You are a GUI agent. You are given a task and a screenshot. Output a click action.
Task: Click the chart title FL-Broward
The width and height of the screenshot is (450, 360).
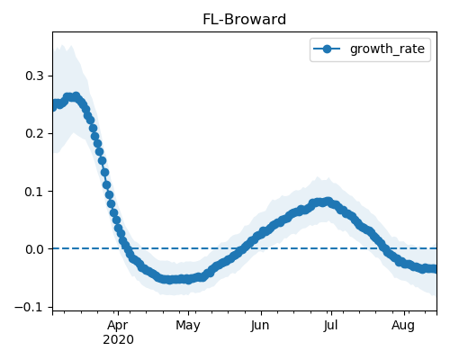(244, 20)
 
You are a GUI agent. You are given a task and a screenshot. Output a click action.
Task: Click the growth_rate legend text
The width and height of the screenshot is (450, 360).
(387, 49)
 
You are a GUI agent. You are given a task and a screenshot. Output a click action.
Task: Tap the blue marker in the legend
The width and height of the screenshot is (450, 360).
(327, 49)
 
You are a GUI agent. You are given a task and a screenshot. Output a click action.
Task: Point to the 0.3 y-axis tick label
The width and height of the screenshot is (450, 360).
(34, 76)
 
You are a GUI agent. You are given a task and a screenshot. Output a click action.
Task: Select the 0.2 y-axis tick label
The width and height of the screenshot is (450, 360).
(34, 133)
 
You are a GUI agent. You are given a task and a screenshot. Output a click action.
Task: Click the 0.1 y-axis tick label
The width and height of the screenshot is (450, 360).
(34, 192)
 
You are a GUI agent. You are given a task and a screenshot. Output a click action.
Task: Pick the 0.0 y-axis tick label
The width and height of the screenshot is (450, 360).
(34, 249)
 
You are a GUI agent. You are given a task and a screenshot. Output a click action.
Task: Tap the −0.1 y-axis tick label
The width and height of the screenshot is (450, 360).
(29, 307)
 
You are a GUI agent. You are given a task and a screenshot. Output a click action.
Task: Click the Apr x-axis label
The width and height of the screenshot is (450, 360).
(118, 326)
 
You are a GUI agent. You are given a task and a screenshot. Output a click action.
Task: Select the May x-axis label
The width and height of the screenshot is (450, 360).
(188, 326)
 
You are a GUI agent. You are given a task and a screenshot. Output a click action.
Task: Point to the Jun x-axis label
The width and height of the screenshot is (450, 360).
(260, 326)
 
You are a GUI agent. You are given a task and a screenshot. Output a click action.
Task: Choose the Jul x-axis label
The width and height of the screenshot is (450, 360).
(331, 326)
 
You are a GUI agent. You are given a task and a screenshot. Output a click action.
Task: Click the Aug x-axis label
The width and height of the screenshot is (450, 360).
(403, 326)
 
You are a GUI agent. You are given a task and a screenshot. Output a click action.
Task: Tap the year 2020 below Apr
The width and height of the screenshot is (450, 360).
(118, 340)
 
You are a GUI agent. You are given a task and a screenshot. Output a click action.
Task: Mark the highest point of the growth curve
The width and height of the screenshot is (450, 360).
(76, 96)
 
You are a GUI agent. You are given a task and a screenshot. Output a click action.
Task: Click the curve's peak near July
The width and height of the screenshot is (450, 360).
(328, 202)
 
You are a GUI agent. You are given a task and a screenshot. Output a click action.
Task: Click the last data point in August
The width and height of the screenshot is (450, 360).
(433, 269)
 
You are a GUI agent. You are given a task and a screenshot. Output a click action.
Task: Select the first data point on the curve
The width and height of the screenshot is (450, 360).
(55, 106)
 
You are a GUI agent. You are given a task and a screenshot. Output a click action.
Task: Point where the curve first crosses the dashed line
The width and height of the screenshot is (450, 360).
(125, 248)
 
